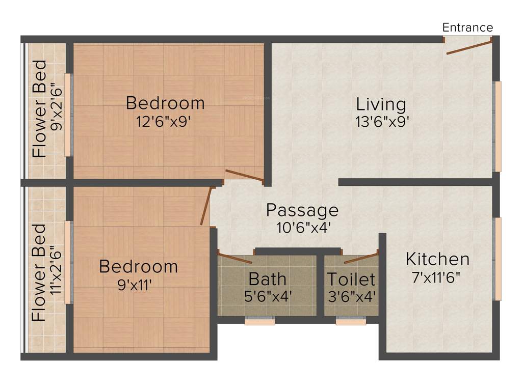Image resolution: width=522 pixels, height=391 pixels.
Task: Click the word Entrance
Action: pos(467,27)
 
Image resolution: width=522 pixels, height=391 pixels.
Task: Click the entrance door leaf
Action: pos(468,47)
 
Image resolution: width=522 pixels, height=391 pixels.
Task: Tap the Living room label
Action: pos(381,104)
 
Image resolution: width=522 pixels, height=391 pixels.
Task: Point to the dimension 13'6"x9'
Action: pos(383,122)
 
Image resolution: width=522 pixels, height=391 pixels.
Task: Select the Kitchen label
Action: pos(437,259)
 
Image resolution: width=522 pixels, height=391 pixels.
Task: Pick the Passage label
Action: pos(302,210)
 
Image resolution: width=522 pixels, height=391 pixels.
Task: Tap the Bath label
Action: pos(267,279)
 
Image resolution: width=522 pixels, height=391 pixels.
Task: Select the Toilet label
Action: pos(351,279)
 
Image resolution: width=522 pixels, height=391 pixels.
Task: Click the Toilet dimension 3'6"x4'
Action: pos(351,296)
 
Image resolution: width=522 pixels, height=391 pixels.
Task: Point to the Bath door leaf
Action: pos(235,257)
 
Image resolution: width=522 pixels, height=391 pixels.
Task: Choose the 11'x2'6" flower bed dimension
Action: pos(57,274)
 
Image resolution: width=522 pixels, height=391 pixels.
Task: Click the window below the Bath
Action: pos(260,322)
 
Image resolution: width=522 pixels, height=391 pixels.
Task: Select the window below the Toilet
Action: pos(351,322)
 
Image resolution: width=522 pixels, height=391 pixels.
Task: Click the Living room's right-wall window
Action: pos(498,126)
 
